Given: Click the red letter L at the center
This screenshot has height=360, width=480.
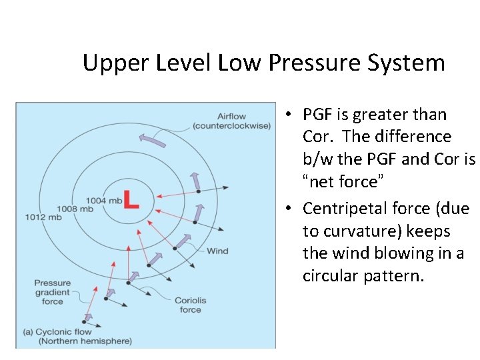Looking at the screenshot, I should click(131, 200).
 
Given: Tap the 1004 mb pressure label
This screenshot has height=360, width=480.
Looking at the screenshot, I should click(104, 200).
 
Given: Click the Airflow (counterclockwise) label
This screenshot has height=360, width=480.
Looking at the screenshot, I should click(231, 121).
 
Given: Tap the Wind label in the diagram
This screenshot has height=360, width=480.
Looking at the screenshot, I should click(217, 251).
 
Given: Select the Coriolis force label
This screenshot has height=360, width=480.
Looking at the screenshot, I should click(190, 305).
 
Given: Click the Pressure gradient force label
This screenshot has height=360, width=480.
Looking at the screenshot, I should click(53, 292).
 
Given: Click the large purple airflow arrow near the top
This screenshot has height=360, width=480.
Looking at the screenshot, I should click(152, 139).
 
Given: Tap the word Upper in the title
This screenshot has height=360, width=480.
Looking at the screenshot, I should click(110, 63).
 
